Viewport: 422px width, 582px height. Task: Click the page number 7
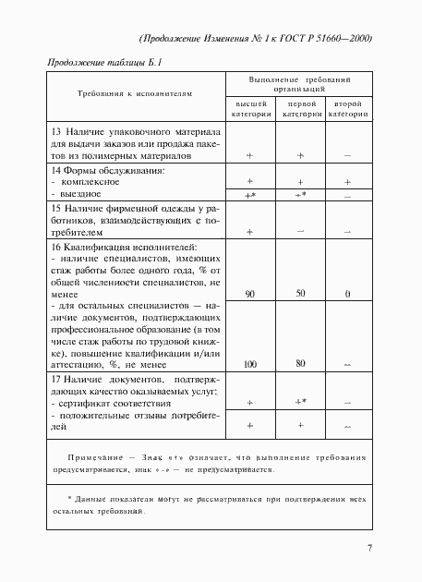point(369,549)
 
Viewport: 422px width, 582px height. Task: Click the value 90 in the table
point(250,293)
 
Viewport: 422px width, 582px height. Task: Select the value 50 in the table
point(300,293)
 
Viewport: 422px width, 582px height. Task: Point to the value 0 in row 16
point(347,294)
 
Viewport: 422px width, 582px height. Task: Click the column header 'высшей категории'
point(250,110)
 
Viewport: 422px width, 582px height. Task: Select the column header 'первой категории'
point(300,110)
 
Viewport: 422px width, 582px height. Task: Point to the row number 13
point(57,132)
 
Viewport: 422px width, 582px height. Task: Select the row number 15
point(57,210)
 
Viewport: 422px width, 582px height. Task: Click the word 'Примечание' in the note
point(95,458)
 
